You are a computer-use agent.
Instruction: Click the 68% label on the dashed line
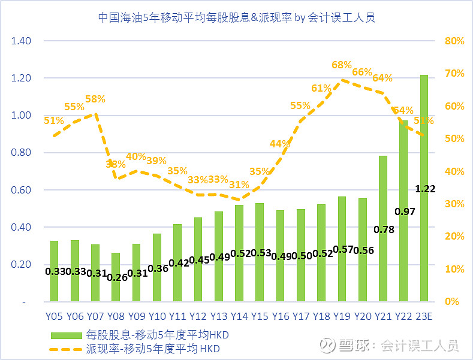click(341, 65)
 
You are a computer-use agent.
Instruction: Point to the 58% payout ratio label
click(95, 99)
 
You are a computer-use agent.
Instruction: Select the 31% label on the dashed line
click(239, 184)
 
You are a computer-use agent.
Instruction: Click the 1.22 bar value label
click(425, 189)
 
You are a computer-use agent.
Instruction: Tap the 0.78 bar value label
click(384, 229)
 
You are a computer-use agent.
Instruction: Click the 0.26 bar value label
click(116, 277)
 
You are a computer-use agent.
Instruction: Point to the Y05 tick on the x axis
click(54, 316)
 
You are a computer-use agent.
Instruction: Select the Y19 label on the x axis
click(342, 316)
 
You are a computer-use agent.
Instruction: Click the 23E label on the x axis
click(424, 316)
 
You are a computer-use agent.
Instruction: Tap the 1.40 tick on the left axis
click(20, 41)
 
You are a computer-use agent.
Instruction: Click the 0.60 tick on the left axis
click(20, 190)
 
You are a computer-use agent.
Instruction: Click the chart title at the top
click(236, 17)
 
